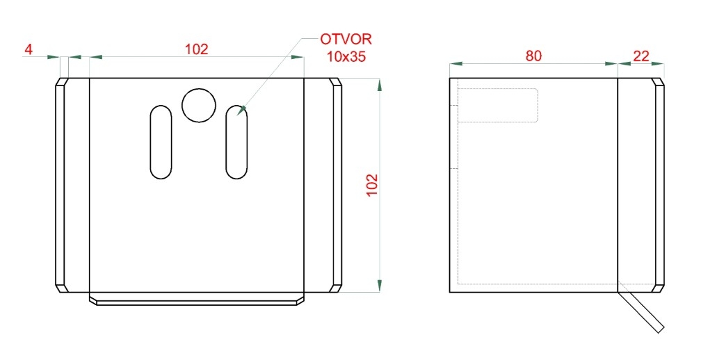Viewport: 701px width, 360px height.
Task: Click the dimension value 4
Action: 28,49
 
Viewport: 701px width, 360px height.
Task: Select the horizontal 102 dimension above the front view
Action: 197,49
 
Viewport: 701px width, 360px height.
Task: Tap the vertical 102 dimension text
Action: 372,184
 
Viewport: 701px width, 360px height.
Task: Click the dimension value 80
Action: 533,56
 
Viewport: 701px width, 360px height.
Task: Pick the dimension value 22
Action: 641,56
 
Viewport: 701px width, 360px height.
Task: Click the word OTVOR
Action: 346,39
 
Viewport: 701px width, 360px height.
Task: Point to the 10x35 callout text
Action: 346,56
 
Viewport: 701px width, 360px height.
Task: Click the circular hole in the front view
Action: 199,106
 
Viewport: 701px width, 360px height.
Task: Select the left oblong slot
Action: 161,142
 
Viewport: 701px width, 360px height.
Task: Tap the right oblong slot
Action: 237,142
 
